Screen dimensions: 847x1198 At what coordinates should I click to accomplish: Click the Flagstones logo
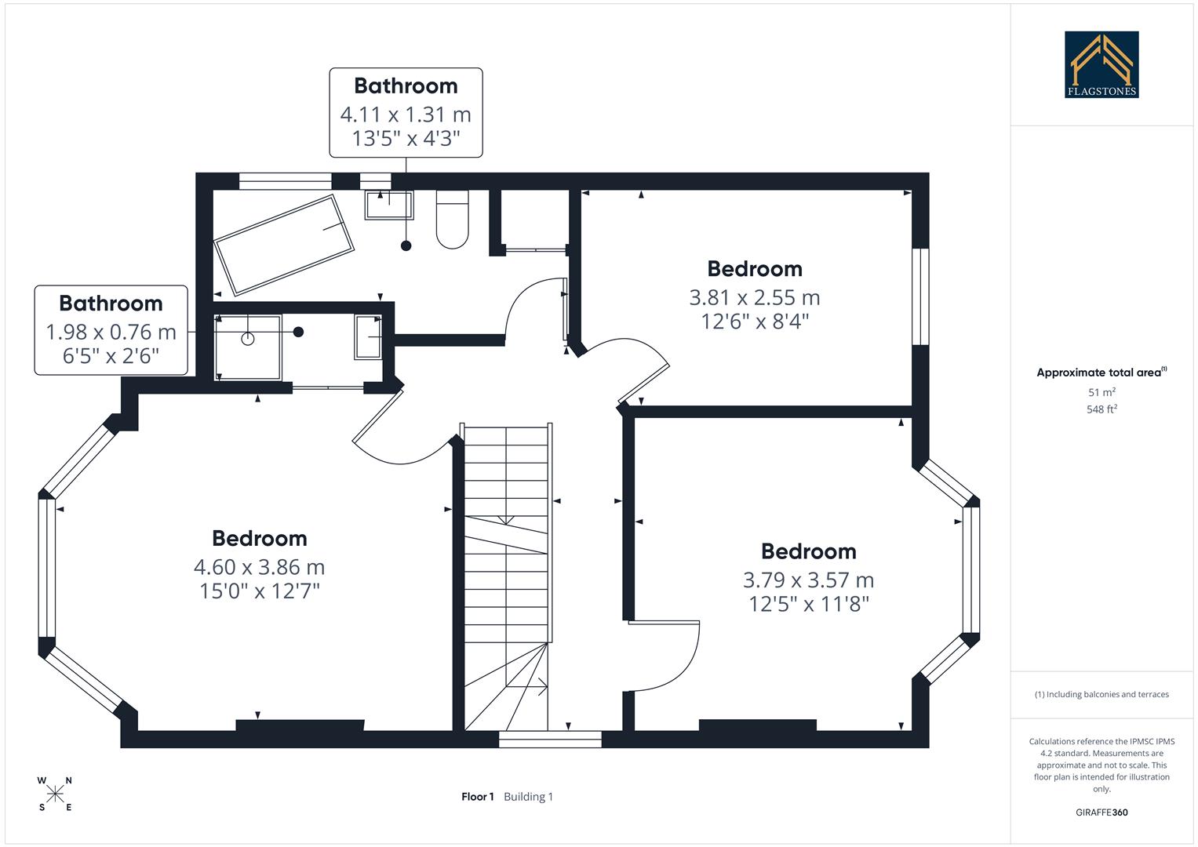coord(1101,64)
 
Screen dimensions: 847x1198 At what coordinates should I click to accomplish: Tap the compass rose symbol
coord(55,794)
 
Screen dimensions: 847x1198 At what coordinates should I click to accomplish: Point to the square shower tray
coord(248,347)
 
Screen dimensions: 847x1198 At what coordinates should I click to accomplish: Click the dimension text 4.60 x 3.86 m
coord(259,566)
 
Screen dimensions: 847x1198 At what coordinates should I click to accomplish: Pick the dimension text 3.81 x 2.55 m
coord(754,297)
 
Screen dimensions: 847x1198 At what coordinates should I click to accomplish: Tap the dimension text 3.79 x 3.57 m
coord(808,580)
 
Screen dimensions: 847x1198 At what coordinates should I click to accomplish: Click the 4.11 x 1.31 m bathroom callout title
coord(406,85)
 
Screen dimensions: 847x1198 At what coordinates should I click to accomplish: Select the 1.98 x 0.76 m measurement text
coord(111,332)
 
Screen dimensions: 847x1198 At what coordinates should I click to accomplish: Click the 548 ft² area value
coord(1102,409)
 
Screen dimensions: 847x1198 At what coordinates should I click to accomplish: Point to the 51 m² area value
coord(1102,392)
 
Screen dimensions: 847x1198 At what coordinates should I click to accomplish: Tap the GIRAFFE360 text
coord(1102,812)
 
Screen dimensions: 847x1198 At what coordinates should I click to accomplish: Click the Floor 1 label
coord(477,797)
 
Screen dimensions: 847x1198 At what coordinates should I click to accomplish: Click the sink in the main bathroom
coord(388,205)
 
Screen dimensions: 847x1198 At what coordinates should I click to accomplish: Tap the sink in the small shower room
coord(367,337)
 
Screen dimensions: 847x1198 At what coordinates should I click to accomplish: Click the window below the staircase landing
coord(550,739)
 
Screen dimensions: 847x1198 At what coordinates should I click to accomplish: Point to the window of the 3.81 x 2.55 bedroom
coord(919,296)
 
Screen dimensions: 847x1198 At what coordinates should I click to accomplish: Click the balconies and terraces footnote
coord(1102,694)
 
